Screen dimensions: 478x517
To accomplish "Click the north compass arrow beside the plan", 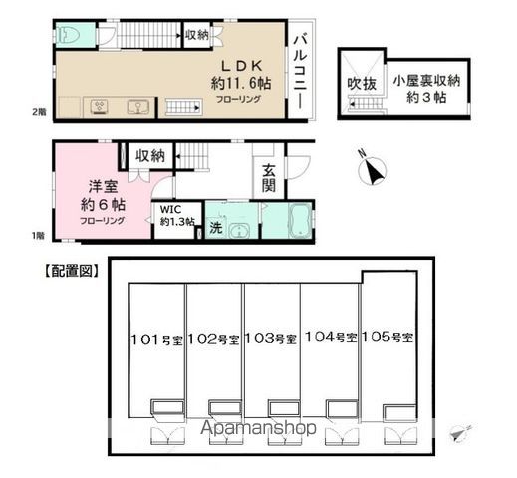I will (375, 170).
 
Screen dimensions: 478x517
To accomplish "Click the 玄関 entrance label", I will (269, 183).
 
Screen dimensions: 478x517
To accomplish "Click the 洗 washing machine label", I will (215, 229).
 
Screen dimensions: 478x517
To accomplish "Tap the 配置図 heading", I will (69, 269).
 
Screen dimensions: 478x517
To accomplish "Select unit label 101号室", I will (156, 339).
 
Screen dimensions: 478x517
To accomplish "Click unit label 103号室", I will (272, 339).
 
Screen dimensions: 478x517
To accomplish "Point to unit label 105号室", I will (389, 337).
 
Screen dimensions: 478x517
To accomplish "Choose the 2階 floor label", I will (37, 112).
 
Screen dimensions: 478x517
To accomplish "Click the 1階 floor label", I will (37, 235).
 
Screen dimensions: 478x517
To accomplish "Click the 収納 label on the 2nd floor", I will (196, 35).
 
